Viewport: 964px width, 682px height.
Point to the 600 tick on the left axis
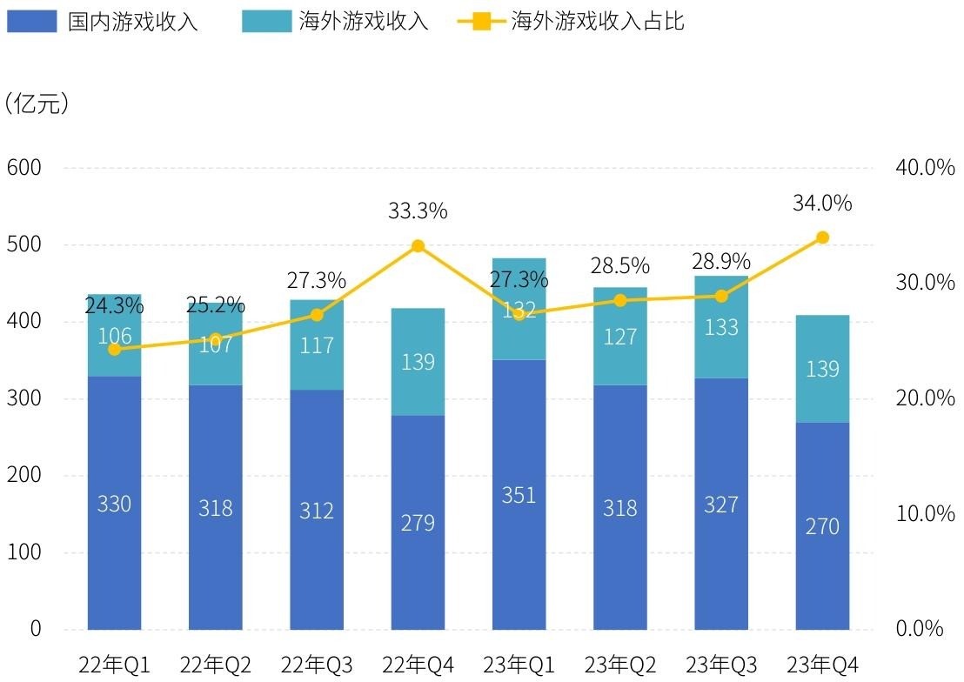pos(24,167)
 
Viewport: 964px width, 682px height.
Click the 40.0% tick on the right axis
pos(925,167)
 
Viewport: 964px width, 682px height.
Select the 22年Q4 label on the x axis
pos(418,665)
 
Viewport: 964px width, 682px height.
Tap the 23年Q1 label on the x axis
pos(519,665)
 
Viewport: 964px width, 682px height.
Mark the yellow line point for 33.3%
pos(418,246)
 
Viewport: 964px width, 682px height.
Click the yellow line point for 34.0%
pos(822,237)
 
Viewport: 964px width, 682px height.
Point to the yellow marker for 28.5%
pos(620,300)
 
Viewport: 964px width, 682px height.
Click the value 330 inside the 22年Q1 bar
pos(114,504)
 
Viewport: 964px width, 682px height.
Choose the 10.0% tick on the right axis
pos(925,513)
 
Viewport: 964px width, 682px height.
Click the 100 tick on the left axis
pos(24,552)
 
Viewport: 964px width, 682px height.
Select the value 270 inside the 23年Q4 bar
pos(822,526)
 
